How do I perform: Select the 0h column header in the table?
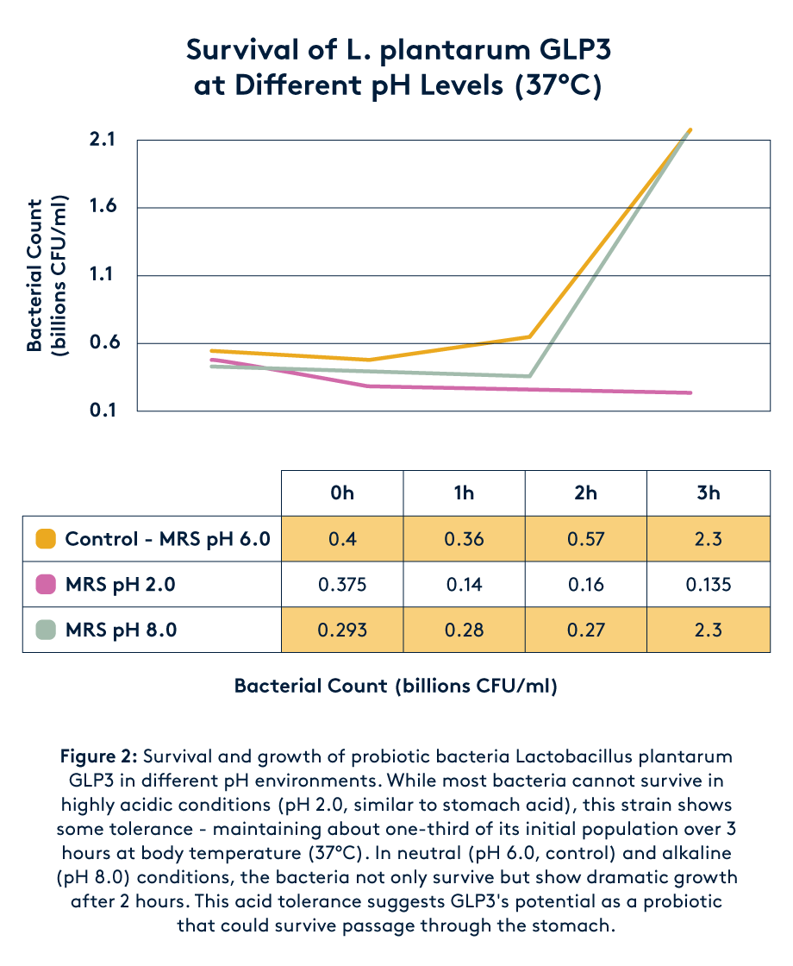[341, 493]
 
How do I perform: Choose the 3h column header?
[709, 493]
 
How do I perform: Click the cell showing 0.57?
[586, 539]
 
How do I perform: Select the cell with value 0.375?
[341, 585]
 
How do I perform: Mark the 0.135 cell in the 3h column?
[709, 585]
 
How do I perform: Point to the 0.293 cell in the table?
[341, 630]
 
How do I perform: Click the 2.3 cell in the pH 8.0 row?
[709, 630]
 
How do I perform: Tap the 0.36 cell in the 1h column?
[464, 539]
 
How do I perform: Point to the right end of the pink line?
[691, 393]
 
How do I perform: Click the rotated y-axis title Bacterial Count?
[34, 276]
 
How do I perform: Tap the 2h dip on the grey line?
[529, 376]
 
